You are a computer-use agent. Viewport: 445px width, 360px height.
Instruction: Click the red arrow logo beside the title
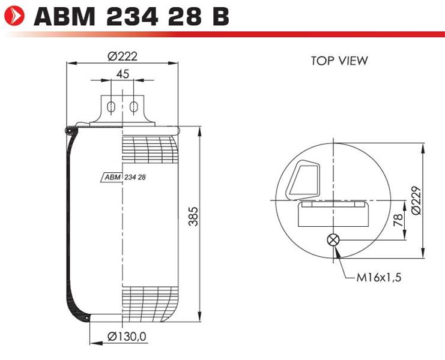click(14, 16)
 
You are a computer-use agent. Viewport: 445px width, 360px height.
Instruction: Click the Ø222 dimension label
click(123, 56)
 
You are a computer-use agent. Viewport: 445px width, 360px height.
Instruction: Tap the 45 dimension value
click(123, 74)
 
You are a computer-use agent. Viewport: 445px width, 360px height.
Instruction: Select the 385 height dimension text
click(193, 216)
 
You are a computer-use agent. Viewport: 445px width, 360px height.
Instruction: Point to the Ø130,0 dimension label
click(127, 337)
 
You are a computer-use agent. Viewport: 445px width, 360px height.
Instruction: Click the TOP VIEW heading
click(339, 61)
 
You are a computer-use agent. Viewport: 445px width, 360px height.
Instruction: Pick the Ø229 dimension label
click(416, 200)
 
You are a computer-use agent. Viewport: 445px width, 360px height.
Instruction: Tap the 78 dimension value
click(398, 220)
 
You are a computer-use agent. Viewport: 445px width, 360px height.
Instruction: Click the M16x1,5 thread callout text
click(379, 277)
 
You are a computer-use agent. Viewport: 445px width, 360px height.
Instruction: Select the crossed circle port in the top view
click(333, 240)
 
